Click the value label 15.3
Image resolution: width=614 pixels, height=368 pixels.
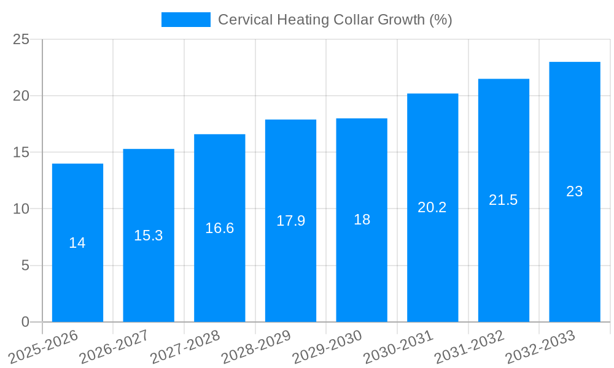149,236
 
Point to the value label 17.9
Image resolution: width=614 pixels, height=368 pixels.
290,221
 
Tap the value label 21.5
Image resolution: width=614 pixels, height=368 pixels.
503,200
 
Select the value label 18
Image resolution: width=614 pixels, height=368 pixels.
362,220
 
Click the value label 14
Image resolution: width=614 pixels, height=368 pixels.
77,243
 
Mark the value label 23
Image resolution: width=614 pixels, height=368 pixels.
574,191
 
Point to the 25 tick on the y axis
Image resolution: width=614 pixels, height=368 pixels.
21,39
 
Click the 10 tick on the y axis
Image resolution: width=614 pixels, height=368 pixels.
21,209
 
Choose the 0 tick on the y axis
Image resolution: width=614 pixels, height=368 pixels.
25,322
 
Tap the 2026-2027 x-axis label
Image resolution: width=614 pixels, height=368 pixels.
114,347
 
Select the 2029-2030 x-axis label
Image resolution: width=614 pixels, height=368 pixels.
327,347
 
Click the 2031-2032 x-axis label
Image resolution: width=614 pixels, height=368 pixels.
469,347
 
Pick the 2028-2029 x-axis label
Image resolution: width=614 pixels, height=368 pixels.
256,347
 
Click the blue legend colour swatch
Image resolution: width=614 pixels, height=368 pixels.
185,20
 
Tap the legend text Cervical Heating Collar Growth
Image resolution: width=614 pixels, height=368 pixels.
335,20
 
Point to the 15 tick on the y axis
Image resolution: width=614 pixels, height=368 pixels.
21,152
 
